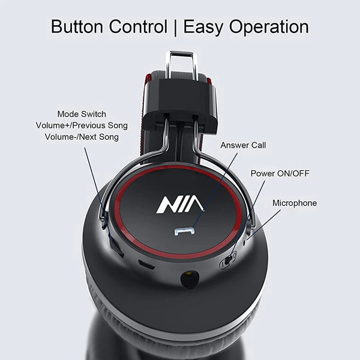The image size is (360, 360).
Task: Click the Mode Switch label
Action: (x=82, y=114)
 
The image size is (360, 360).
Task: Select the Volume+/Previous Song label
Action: (x=82, y=125)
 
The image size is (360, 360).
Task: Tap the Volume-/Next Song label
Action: (x=82, y=137)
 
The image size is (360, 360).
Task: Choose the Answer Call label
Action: (x=243, y=145)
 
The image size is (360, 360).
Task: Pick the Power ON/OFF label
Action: (x=280, y=174)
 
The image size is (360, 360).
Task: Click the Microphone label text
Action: (x=295, y=203)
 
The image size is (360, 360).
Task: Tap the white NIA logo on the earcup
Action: (x=180, y=205)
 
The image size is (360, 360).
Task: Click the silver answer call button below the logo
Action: (x=184, y=232)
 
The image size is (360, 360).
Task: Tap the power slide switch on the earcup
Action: (x=228, y=260)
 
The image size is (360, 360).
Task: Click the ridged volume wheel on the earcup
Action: (x=116, y=247)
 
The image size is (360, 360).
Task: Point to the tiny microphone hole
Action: (x=245, y=242)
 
